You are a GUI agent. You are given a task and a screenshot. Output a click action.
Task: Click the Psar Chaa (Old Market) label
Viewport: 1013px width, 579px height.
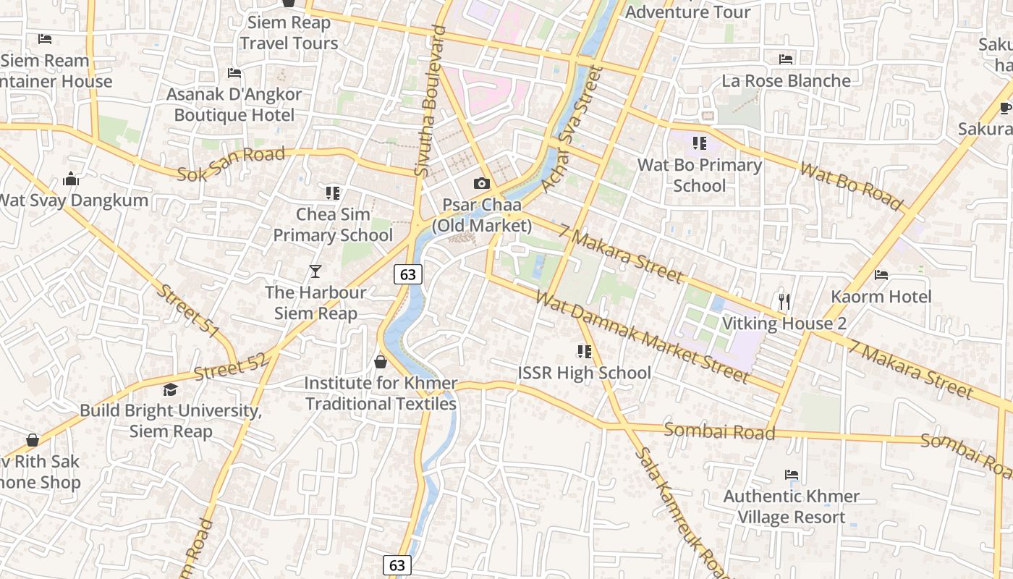coord(482,216)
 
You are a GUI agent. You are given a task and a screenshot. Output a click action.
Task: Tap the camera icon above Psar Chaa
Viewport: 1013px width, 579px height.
coord(482,184)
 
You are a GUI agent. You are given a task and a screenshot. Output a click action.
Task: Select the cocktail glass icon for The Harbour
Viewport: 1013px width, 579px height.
coord(315,271)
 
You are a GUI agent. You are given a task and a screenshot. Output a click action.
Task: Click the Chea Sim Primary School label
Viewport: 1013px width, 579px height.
coord(333,224)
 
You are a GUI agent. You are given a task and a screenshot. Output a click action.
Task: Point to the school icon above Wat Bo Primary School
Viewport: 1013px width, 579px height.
coord(699,143)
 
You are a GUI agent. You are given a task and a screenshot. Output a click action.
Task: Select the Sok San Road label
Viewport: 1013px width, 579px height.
coord(232,163)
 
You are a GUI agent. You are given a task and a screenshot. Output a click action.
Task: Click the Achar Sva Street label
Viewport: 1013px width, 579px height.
coord(567,130)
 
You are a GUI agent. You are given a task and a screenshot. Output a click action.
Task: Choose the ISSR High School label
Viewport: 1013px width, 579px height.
coord(585,373)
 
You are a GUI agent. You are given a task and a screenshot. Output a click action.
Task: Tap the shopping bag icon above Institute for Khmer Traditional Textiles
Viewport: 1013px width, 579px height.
coord(381,361)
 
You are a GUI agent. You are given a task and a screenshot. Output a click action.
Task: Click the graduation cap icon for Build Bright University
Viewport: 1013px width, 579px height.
coord(170,389)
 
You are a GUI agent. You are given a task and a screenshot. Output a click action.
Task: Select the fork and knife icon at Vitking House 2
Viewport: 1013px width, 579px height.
coord(784,301)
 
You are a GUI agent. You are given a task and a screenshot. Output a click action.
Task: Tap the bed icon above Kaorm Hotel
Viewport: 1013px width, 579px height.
coord(881,275)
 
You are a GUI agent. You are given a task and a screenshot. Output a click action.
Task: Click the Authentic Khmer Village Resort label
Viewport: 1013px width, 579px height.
coord(792,507)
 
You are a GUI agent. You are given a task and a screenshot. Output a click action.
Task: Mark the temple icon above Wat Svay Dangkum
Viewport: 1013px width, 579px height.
coord(71,179)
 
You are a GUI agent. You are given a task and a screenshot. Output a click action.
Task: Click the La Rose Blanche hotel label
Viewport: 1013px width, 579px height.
coord(786,80)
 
